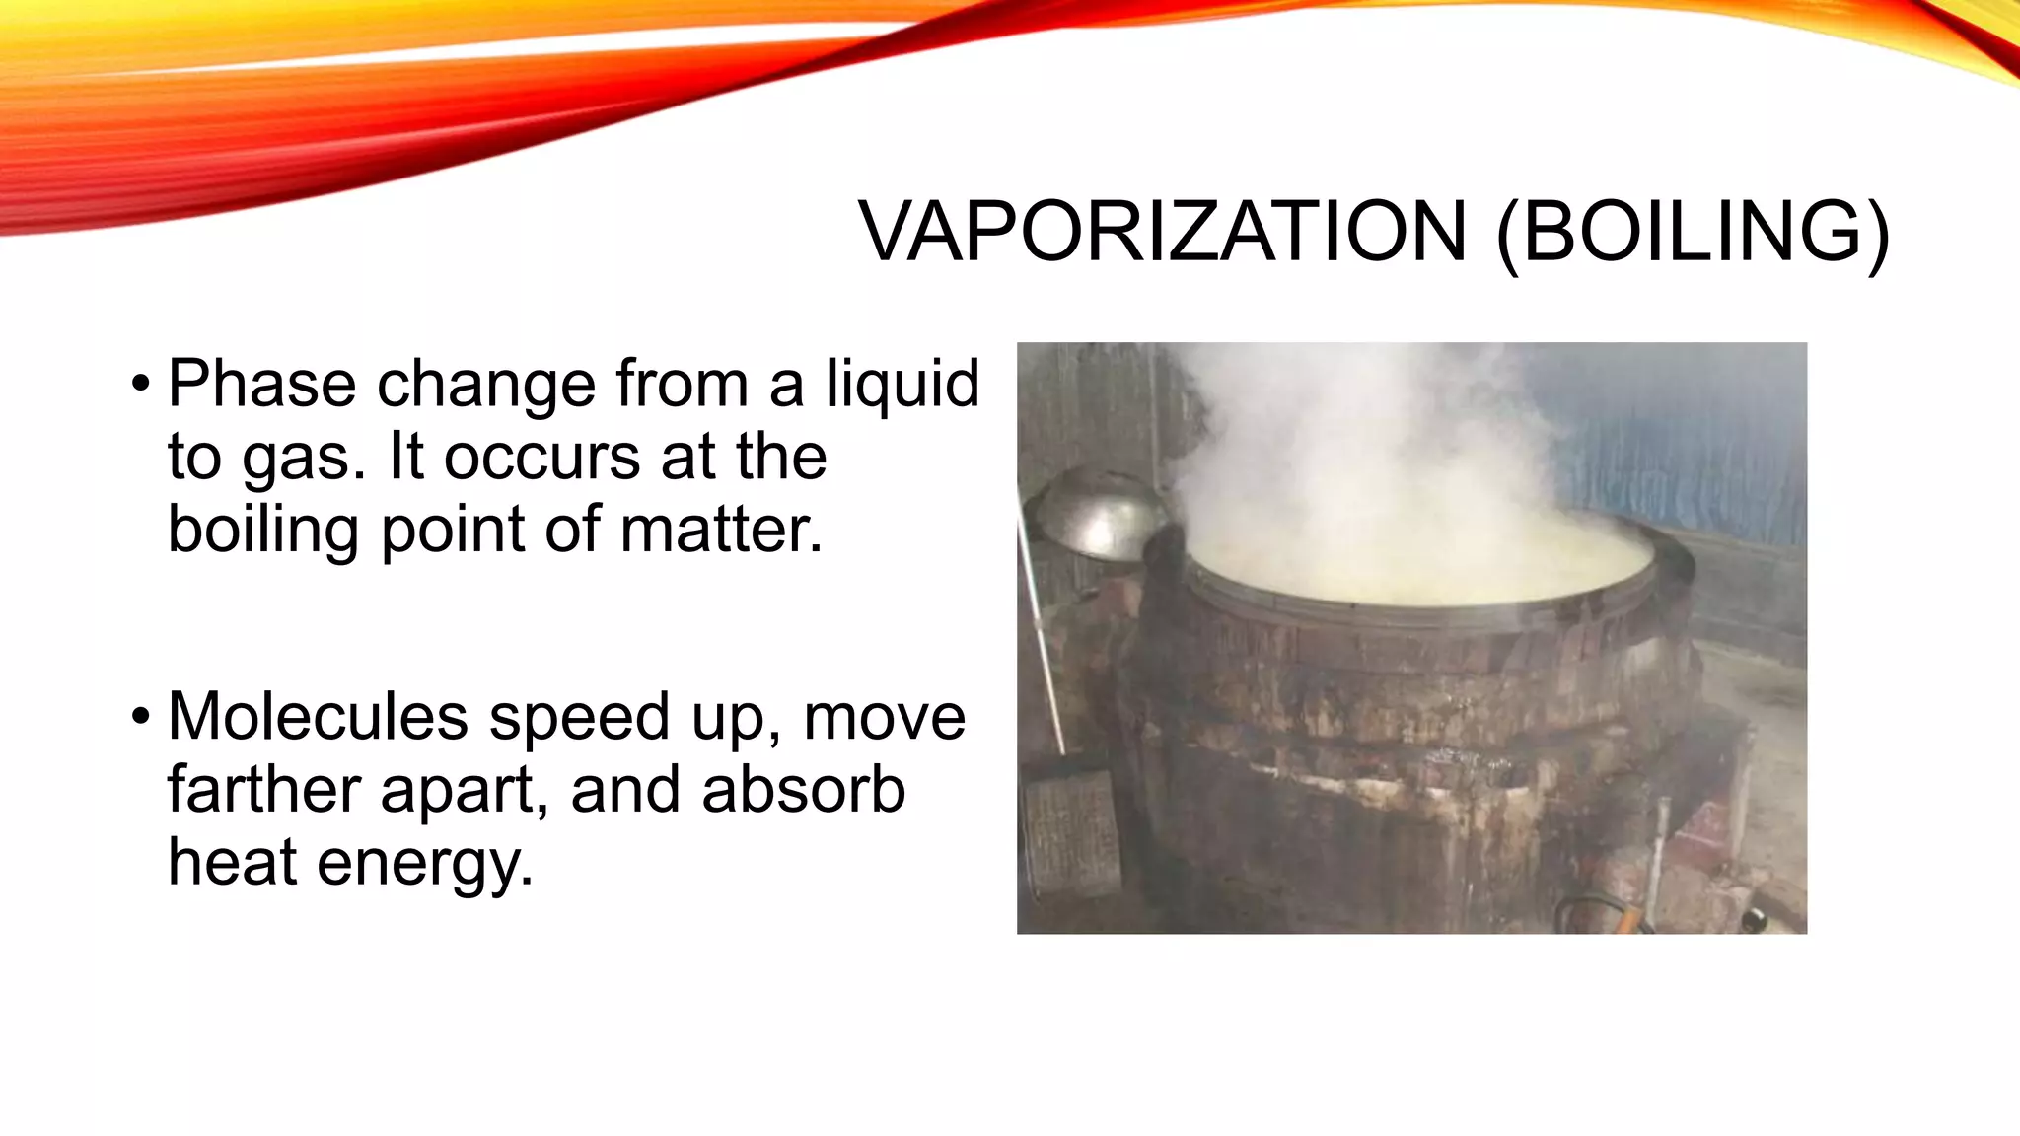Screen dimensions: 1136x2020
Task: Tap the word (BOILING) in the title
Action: [x=1693, y=234]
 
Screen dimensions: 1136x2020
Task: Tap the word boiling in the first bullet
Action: [x=263, y=531]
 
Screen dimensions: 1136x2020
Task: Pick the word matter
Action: [x=721, y=530]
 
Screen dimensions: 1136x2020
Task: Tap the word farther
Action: [x=263, y=790]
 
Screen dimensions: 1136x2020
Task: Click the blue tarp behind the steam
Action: [x=1696, y=444]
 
